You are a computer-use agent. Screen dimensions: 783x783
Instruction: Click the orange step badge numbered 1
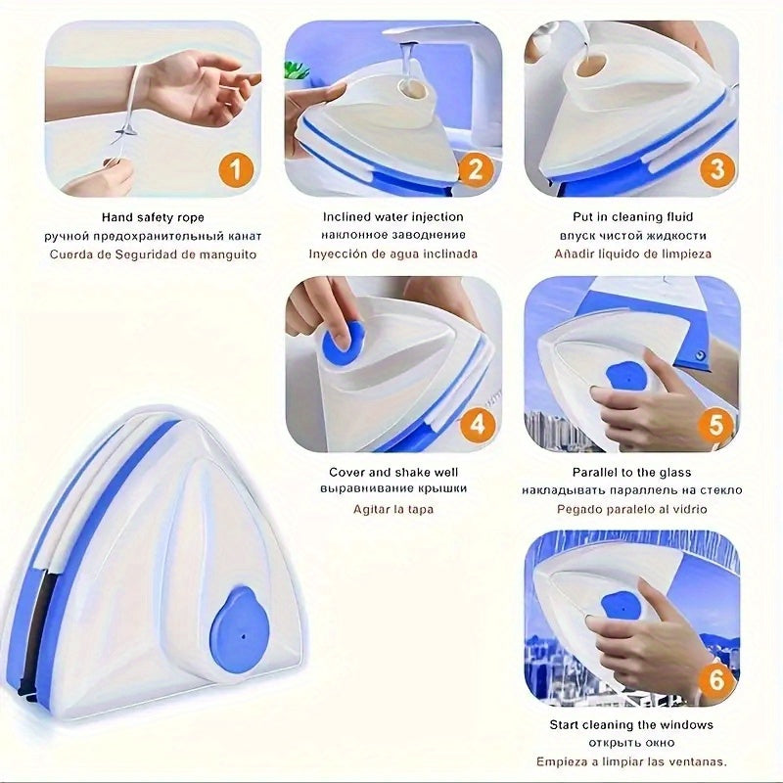coord(236,169)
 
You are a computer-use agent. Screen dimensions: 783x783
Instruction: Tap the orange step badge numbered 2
coord(475,169)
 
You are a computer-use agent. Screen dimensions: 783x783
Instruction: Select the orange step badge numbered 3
coord(716,169)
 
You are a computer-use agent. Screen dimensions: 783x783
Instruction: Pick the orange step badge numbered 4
coord(478,425)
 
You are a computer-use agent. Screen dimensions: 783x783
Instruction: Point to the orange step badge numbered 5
coord(715,425)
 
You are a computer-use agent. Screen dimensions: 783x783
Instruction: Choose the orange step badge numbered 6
coord(715,679)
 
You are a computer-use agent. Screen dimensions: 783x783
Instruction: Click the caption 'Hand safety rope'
coord(153,217)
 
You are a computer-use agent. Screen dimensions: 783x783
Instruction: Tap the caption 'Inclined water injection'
coord(393,216)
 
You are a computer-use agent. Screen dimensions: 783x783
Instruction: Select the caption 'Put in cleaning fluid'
coord(632,216)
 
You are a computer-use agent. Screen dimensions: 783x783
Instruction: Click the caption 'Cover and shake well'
coord(393,472)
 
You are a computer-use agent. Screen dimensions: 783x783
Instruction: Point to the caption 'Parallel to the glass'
coord(631,472)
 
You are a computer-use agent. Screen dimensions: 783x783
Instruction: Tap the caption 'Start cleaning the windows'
coord(631,724)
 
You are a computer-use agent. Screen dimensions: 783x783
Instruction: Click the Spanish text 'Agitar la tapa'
coord(393,509)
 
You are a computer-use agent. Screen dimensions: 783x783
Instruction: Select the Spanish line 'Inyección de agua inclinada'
coord(393,253)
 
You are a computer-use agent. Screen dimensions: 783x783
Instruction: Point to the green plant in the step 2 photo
coord(297,70)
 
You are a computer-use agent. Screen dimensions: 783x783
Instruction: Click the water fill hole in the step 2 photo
coord(412,90)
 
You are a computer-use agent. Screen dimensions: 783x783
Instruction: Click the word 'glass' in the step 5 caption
coord(675,473)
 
